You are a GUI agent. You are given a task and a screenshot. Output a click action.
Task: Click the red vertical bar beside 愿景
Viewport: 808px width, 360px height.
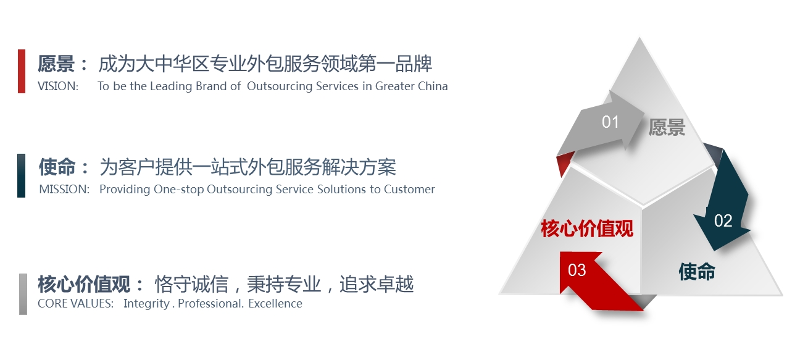(x=22, y=71)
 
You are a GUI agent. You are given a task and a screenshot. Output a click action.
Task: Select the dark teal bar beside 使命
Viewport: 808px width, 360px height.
(x=21, y=175)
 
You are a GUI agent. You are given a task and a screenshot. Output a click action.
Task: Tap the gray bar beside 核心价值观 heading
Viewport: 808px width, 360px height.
(x=23, y=294)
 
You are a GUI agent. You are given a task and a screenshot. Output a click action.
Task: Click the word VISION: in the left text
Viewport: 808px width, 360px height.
(x=58, y=86)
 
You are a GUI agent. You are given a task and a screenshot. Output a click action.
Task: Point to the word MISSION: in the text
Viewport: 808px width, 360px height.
(x=64, y=190)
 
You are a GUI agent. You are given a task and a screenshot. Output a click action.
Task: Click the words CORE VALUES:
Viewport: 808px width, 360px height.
(x=75, y=304)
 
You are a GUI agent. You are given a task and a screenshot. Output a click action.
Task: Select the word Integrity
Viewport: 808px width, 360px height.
(x=146, y=304)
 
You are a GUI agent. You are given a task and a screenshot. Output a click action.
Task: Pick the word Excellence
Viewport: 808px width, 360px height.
(x=275, y=304)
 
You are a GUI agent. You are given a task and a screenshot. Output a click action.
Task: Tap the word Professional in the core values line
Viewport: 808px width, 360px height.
(x=210, y=304)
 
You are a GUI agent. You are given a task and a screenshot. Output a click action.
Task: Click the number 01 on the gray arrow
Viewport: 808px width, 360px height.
(x=610, y=122)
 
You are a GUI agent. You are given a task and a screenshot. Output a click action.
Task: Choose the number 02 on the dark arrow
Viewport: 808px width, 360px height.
(x=723, y=221)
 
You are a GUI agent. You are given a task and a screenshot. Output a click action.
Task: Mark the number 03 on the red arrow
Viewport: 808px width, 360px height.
(x=577, y=270)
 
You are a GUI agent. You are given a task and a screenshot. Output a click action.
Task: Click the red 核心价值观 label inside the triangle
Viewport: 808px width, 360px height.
(x=587, y=228)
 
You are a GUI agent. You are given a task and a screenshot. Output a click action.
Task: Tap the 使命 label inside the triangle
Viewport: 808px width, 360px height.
(x=697, y=272)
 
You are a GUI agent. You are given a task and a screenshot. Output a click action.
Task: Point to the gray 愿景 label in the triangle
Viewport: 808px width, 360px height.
(x=667, y=127)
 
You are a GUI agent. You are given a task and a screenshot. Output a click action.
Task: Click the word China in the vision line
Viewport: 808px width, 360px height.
(x=433, y=86)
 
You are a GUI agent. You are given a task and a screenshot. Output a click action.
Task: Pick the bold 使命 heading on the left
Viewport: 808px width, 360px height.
(x=57, y=167)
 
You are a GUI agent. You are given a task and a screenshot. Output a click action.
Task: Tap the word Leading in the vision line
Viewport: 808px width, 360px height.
(x=171, y=86)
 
